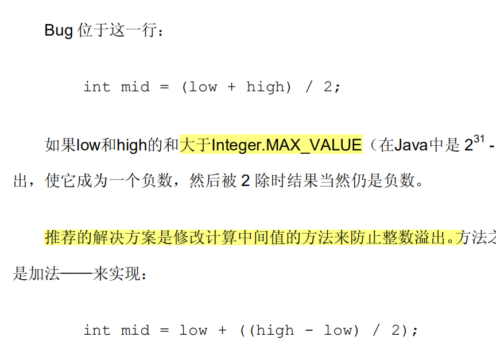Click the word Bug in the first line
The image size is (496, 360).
click(59, 30)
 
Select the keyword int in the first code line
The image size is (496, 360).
click(96, 87)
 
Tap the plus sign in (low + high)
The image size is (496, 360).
click(231, 87)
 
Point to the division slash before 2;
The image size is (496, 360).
click(309, 87)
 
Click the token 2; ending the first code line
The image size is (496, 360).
click(332, 87)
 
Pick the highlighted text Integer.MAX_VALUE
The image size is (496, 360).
click(286, 145)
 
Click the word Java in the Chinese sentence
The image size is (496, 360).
click(410, 145)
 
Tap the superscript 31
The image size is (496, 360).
click(480, 139)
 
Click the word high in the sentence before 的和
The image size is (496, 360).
click(131, 145)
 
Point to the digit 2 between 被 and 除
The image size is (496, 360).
click(245, 181)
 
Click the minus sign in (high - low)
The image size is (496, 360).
click(309, 331)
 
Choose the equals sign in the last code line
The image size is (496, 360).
click(165, 331)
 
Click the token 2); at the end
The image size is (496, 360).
click(405, 331)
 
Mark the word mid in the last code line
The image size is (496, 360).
click(134, 331)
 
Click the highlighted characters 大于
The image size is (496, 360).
click(195, 145)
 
